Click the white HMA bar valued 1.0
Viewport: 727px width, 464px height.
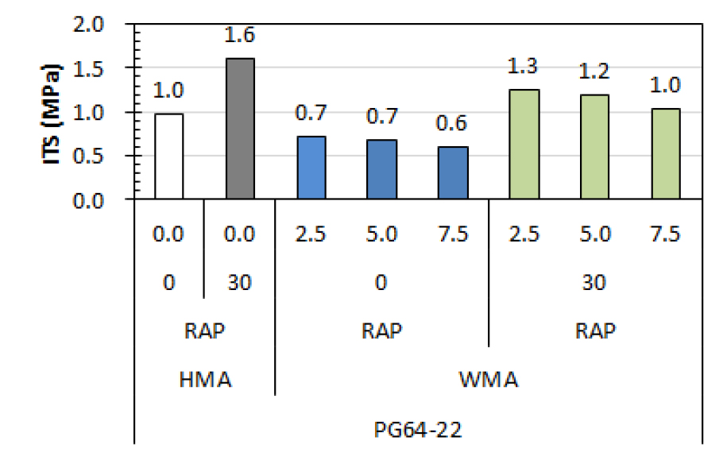pos(168,157)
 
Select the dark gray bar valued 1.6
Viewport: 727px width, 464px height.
pos(240,129)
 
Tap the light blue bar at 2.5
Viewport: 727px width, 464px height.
pos(311,168)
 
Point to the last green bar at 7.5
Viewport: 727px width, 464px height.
pos(666,154)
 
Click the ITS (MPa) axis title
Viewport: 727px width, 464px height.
pos(52,112)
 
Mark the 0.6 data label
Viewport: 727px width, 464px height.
pos(453,125)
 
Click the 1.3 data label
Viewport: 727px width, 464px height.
pos(524,68)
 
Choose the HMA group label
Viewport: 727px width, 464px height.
pos(204,380)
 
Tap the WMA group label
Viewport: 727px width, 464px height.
pos(488,380)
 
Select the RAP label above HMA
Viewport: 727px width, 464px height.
pos(204,331)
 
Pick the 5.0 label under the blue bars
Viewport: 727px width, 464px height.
pos(381,235)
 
